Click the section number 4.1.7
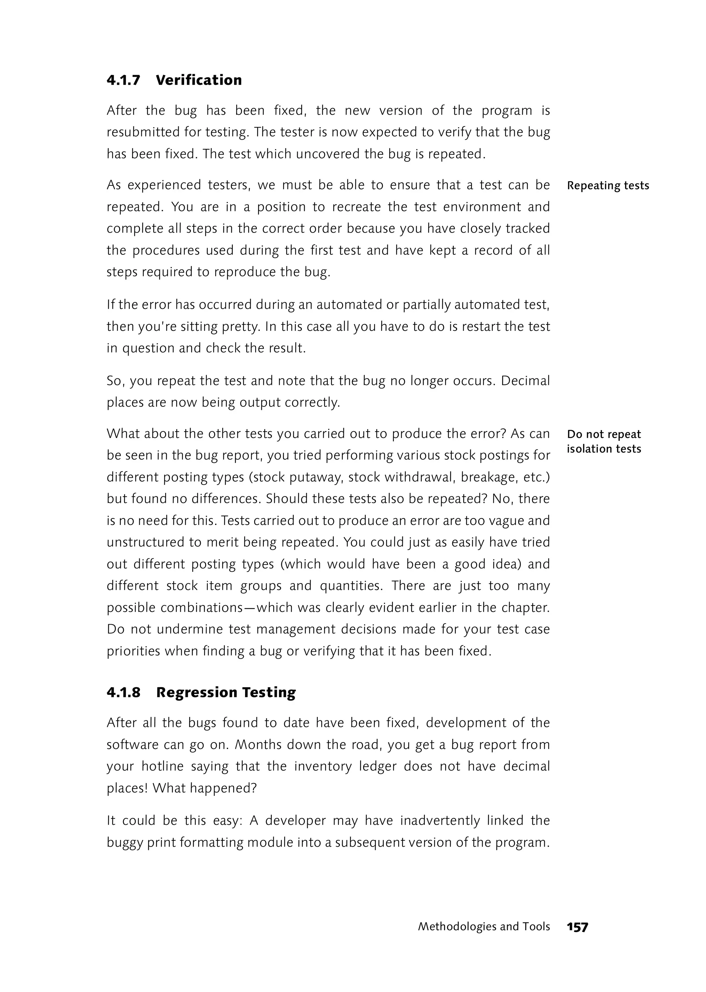(x=123, y=80)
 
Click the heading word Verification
(x=199, y=80)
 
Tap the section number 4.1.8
(x=123, y=692)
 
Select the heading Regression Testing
(x=226, y=692)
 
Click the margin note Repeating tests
(x=608, y=186)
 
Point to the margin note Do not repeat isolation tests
(x=604, y=441)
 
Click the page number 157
(x=577, y=927)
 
